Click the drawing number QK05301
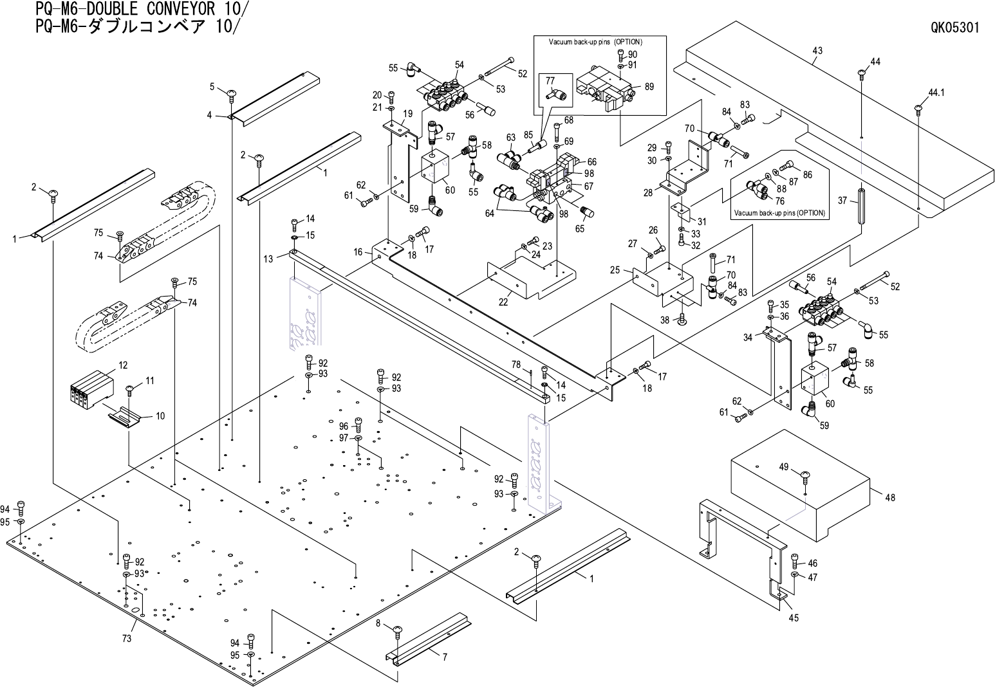point(954,28)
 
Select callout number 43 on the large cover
point(817,51)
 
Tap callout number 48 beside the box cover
point(890,497)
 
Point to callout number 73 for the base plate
point(127,638)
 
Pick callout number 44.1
point(936,93)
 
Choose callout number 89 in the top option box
point(649,87)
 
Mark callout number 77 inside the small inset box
point(550,80)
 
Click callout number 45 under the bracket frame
point(794,618)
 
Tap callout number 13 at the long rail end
point(268,258)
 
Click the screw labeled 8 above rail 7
point(397,630)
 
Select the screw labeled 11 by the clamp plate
point(129,389)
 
